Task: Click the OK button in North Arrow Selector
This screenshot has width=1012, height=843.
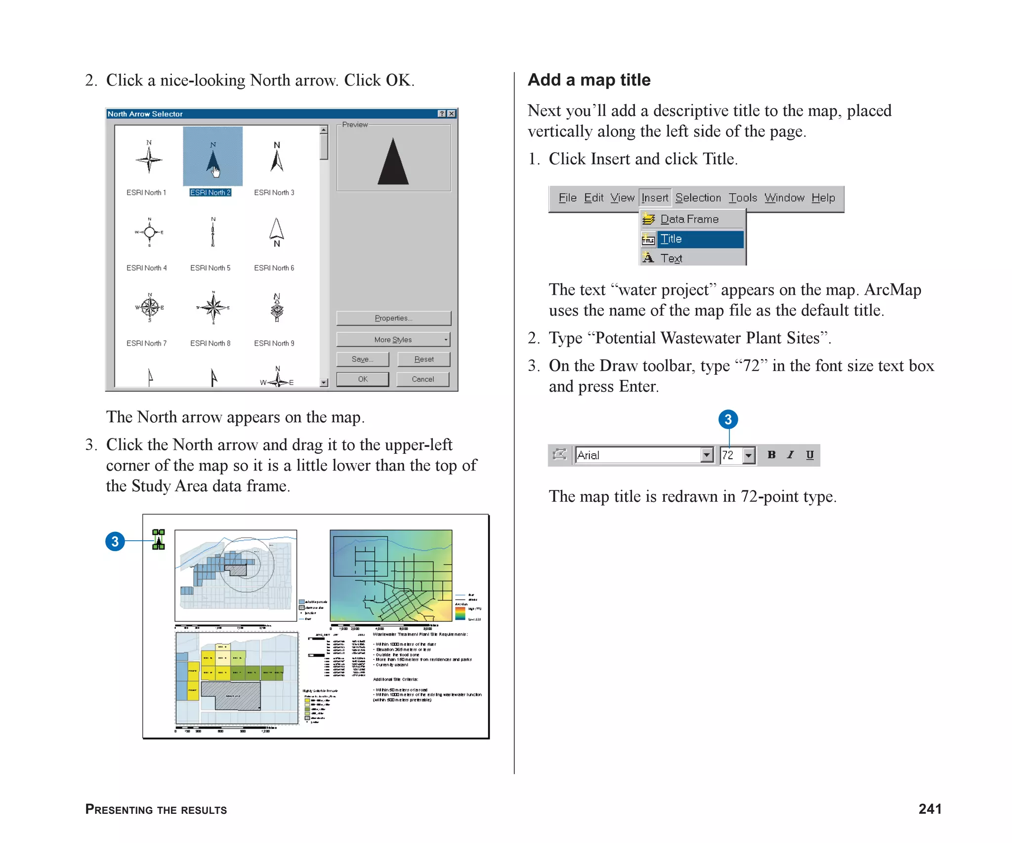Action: pos(363,379)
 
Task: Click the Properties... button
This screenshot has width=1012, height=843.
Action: pos(393,318)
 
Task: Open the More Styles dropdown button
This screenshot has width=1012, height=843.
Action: pos(393,340)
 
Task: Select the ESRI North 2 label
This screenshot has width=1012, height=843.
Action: pos(210,193)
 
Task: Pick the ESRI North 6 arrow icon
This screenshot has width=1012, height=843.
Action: pos(277,232)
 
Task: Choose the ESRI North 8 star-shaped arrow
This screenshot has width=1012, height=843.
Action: pos(213,308)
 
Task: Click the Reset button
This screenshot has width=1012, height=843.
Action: pos(423,359)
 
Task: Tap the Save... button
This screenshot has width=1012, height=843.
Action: pos(363,359)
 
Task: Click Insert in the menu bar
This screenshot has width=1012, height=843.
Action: pos(655,198)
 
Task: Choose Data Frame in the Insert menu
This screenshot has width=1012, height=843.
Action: pos(689,219)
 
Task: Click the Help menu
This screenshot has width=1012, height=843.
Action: pos(823,198)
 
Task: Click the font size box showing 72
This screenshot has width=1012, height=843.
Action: pos(730,455)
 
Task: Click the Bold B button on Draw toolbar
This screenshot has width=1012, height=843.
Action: pos(771,455)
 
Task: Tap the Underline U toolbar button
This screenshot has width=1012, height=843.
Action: pos(809,455)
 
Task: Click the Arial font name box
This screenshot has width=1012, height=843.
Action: pos(637,455)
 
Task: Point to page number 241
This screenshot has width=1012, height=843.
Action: pos(929,809)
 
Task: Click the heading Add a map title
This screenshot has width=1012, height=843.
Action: pos(589,80)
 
